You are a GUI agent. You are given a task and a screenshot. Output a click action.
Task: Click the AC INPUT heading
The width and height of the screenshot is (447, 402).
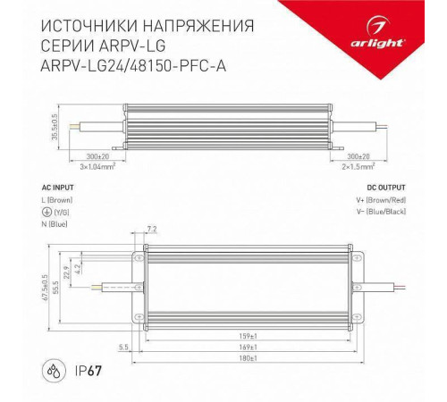coord(59,188)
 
